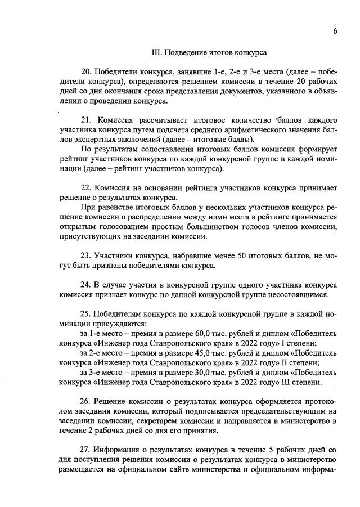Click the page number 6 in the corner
(x=335, y=31)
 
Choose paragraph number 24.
(x=87, y=284)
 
